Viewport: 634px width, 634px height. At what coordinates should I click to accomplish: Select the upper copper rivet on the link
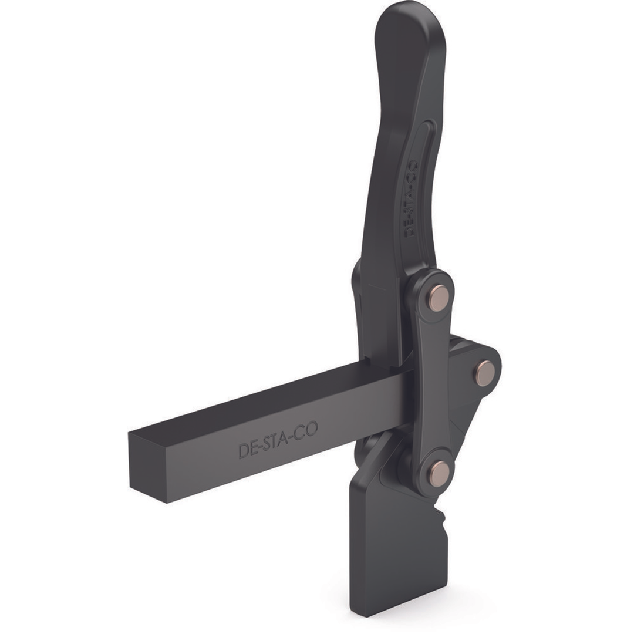(439, 298)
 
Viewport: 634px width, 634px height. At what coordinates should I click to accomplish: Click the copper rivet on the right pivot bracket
(484, 373)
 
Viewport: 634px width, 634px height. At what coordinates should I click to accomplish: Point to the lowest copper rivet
(439, 473)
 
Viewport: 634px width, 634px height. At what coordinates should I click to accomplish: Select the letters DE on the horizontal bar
(248, 449)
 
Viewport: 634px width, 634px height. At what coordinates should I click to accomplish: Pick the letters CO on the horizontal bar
(307, 430)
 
